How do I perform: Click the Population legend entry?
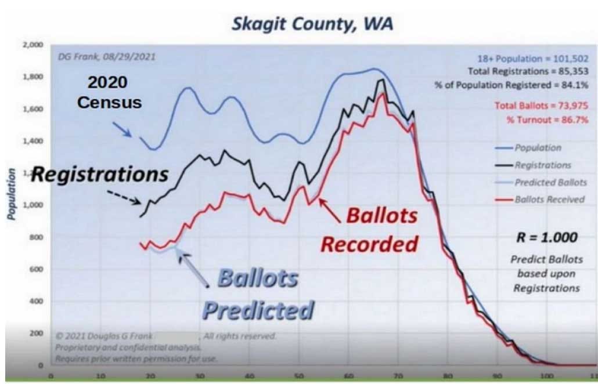538,148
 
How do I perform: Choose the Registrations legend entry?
542,165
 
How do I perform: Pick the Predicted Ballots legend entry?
549,182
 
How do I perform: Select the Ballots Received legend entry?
549,200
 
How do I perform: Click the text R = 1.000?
547,237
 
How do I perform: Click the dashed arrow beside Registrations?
125,196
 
